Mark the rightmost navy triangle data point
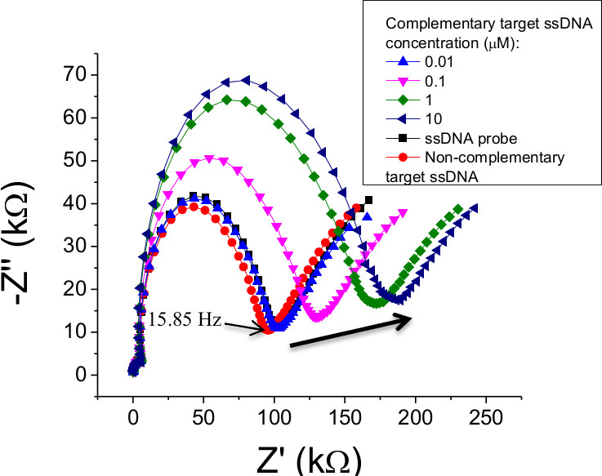474,207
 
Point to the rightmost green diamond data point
458,208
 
